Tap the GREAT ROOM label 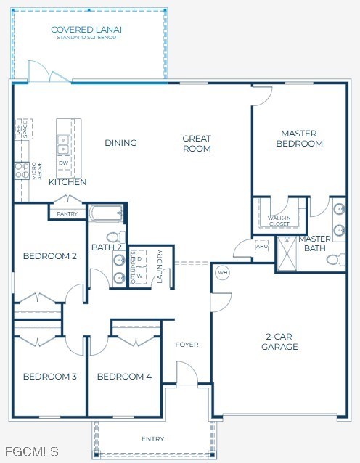[197, 143]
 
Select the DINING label [120, 143]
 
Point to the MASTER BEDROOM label [301, 138]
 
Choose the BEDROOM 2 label [49, 256]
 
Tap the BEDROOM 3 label [49, 377]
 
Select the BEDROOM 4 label [124, 377]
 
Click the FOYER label [187, 344]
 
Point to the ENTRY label [152, 439]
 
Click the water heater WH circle [223, 273]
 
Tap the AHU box [262, 247]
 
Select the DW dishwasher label [63, 163]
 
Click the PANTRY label [67, 214]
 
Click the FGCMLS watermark [30, 451]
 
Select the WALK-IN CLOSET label [279, 221]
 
